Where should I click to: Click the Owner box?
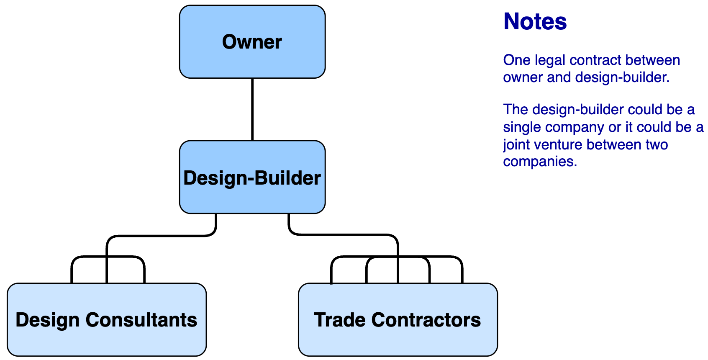point(252,42)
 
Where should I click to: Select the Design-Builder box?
point(252,177)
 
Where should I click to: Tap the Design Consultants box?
point(107,320)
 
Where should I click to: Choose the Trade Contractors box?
point(398,320)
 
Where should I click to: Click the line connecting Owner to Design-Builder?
point(252,109)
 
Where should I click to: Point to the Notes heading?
point(535,21)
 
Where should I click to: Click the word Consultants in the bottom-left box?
point(141,320)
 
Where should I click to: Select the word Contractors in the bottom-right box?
point(426,320)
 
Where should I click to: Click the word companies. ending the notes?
point(540,162)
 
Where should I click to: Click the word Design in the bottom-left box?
point(47,320)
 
